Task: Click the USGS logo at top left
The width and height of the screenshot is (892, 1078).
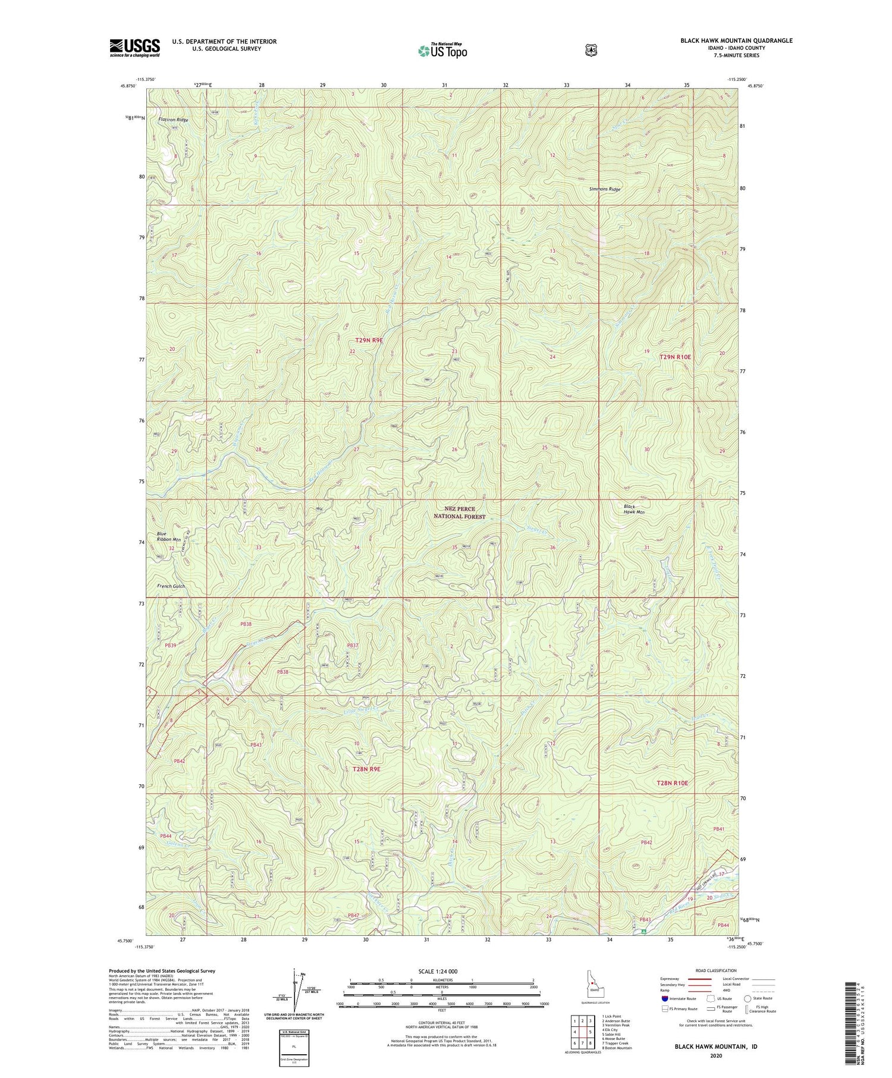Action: (x=134, y=48)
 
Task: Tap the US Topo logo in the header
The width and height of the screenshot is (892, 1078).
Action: (x=442, y=50)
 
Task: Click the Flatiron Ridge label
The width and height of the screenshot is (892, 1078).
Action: (x=173, y=120)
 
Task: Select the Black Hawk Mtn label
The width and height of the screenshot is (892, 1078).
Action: (x=634, y=509)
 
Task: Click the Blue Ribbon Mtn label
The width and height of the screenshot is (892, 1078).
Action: (x=169, y=536)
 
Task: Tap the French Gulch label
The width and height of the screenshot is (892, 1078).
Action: (x=171, y=586)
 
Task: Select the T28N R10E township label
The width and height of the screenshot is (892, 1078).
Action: (x=672, y=783)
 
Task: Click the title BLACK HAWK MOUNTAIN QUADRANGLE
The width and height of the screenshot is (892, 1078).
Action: (x=736, y=40)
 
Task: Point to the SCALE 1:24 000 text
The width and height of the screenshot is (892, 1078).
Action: (x=441, y=971)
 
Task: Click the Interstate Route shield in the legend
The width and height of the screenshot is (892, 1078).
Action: (x=664, y=998)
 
